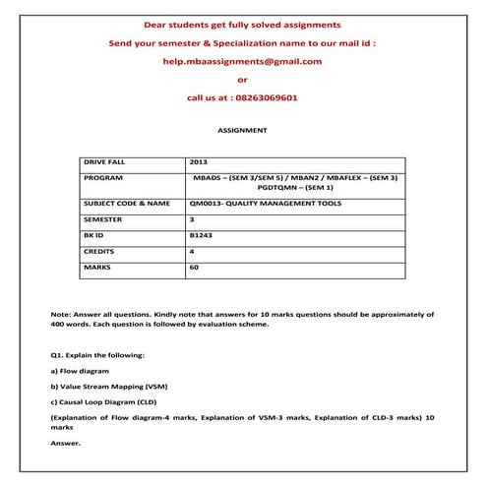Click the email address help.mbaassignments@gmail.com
click(242, 61)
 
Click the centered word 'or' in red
click(242, 80)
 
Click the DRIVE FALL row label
click(106, 161)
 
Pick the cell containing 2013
click(200, 161)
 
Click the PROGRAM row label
click(104, 177)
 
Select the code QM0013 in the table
click(208, 203)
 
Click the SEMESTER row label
click(105, 219)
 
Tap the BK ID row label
click(94, 235)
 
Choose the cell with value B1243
click(200, 235)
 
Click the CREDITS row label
click(101, 252)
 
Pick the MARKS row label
click(98, 268)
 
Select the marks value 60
click(194, 268)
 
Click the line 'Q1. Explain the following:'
click(97, 353)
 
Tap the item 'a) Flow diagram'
click(80, 371)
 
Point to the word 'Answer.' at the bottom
click(66, 443)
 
